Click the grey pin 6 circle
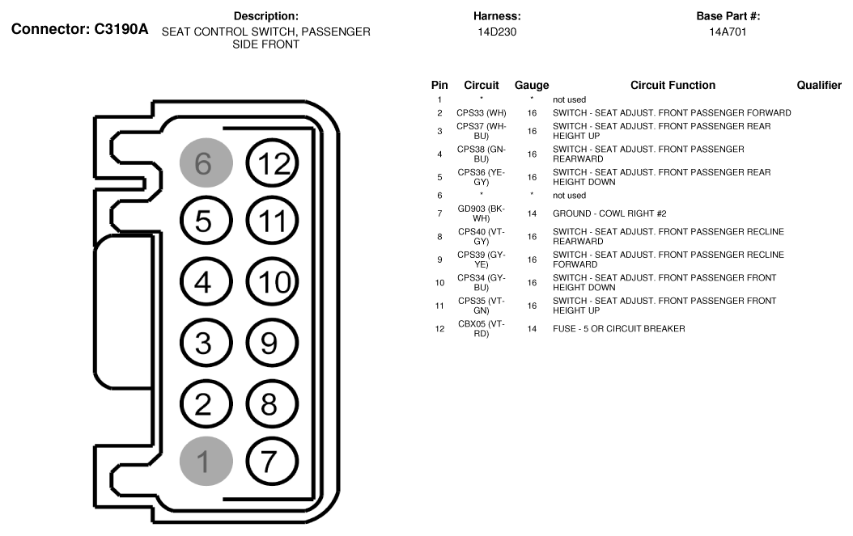pyautogui.click(x=206, y=162)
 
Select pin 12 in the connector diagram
pyautogui.click(x=273, y=162)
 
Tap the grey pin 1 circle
pyautogui.click(x=206, y=461)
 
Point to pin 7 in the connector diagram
pyautogui.click(x=273, y=461)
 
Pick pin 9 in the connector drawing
pyautogui.click(x=273, y=342)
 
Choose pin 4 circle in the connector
pyautogui.click(x=206, y=282)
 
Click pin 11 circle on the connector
pyautogui.click(x=273, y=222)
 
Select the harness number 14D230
pyautogui.click(x=497, y=32)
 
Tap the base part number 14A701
pyautogui.click(x=728, y=32)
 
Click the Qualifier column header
pyautogui.click(x=819, y=85)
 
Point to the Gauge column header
pyautogui.click(x=532, y=85)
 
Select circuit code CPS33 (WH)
pyautogui.click(x=482, y=112)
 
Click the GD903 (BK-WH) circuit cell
pyautogui.click(x=482, y=213)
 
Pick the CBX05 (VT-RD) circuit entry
pyautogui.click(x=482, y=328)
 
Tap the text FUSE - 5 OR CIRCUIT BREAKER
pyautogui.click(x=619, y=328)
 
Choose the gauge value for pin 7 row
pyautogui.click(x=532, y=213)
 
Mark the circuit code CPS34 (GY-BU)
pyautogui.click(x=482, y=282)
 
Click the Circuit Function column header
pyautogui.click(x=673, y=85)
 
